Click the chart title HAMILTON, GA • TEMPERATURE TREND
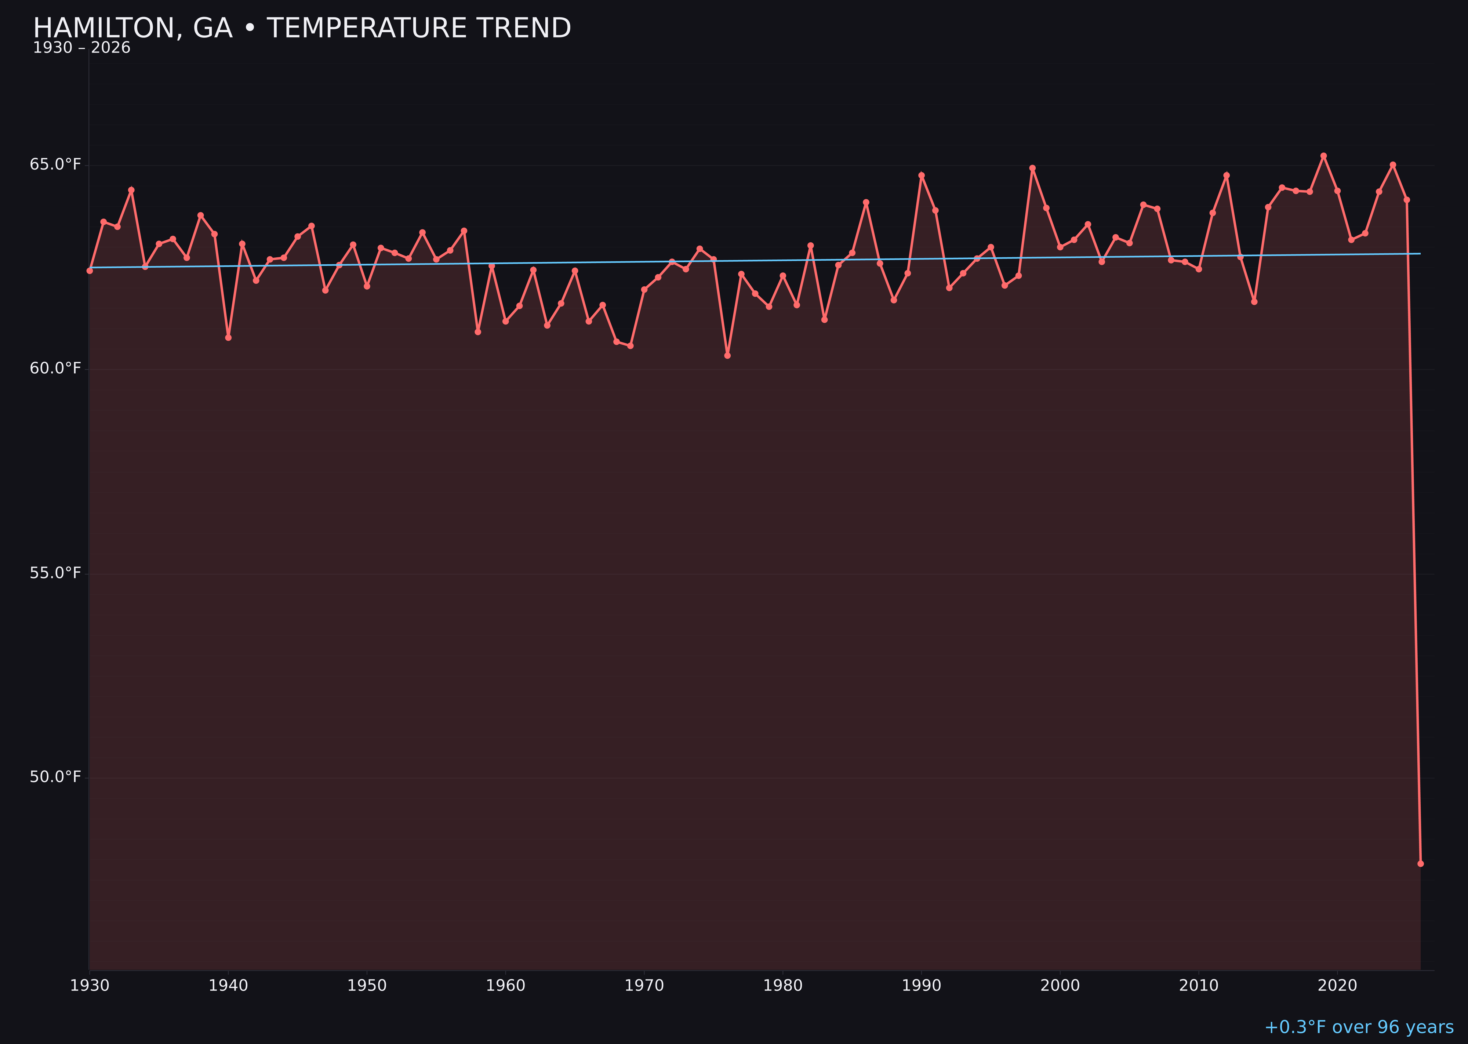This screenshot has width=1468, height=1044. pyautogui.click(x=302, y=28)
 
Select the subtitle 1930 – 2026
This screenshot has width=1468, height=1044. pyautogui.click(x=81, y=48)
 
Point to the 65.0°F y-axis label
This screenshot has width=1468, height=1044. pyautogui.click(x=55, y=164)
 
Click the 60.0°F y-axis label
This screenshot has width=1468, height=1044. pyautogui.click(x=55, y=368)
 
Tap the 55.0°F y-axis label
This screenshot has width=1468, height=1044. pyautogui.click(x=55, y=573)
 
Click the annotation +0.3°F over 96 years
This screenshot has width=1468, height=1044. pyautogui.click(x=1359, y=1027)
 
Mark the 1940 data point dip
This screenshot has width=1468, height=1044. pyautogui.click(x=228, y=337)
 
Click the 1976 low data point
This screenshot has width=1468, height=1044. pyautogui.click(x=727, y=355)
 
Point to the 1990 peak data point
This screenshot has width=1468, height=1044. pyautogui.click(x=922, y=175)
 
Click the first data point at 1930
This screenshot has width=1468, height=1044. pyautogui.click(x=89, y=271)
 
